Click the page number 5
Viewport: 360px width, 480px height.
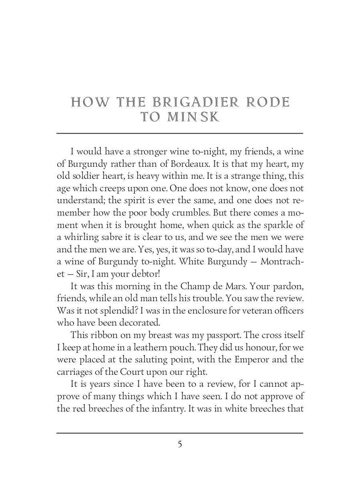pos(180,444)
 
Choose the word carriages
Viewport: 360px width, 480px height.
pos(73,372)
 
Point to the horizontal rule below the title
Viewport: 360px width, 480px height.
pos(180,133)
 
